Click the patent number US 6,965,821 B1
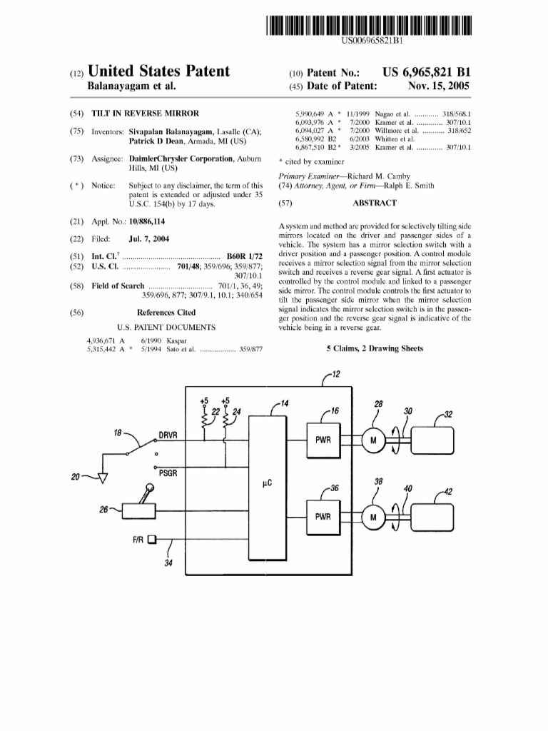click(426, 73)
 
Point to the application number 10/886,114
click(146, 222)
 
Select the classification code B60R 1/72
click(245, 256)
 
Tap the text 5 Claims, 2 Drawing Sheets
click(375, 348)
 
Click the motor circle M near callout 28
click(372, 440)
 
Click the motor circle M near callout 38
click(372, 516)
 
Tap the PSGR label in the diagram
click(168, 472)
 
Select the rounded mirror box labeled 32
click(430, 440)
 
